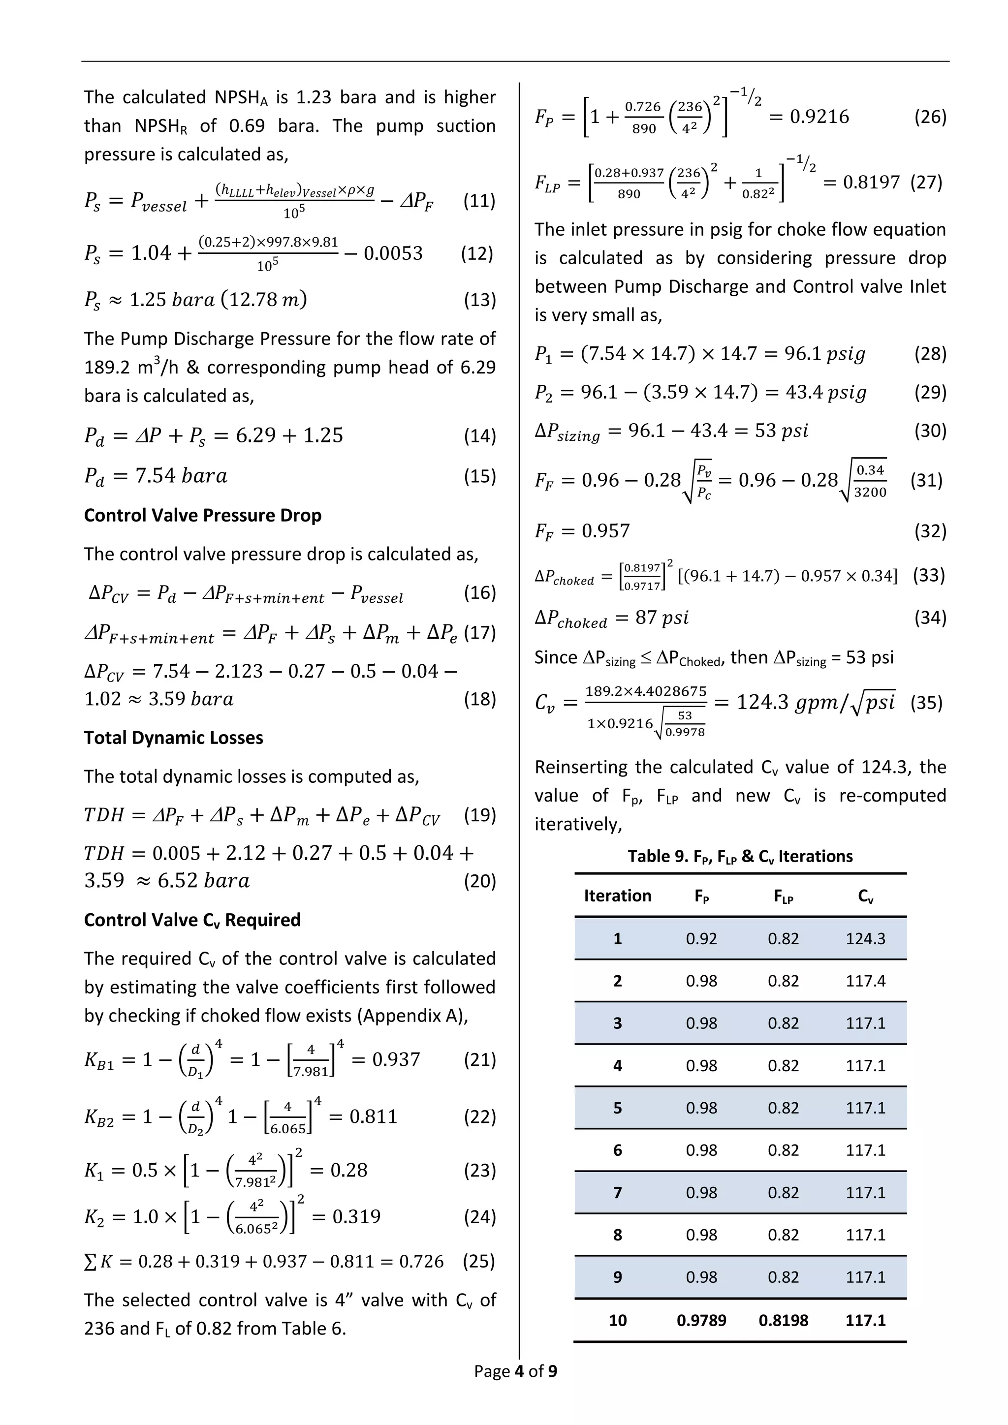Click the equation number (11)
pos(479,201)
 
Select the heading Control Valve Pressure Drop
pos(202,515)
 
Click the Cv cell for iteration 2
pos(865,981)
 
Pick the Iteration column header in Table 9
pos(617,896)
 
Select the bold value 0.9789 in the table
pos(701,1320)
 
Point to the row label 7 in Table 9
pos(617,1192)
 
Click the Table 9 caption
pos(740,857)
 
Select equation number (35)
pos(926,703)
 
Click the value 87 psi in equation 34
pos(661,618)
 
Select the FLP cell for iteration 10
pos(783,1320)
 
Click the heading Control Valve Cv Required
pos(192,920)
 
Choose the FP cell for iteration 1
pos(701,938)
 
